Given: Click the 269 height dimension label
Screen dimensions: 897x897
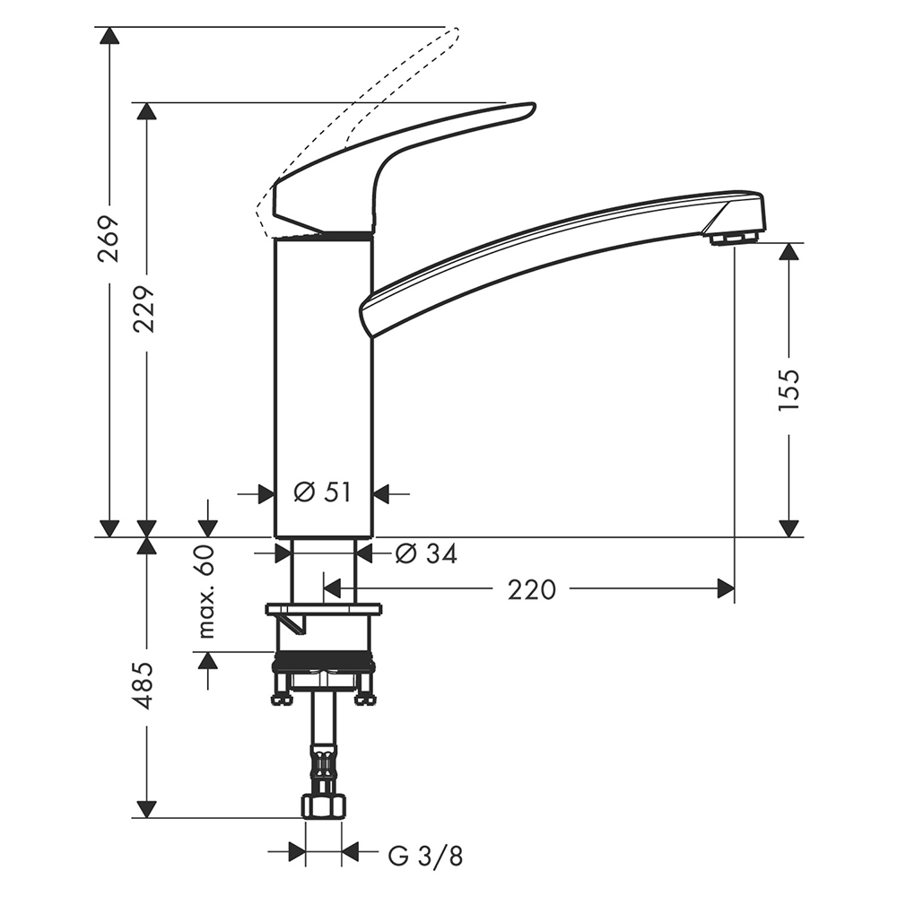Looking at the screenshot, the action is tap(109, 239).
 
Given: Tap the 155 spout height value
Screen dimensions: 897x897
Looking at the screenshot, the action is tap(788, 389).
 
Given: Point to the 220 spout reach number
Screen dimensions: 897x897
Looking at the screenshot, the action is tap(531, 590).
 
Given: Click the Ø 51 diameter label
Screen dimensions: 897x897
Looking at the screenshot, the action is tap(322, 492).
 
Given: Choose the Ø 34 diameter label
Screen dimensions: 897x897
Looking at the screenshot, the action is tap(426, 553).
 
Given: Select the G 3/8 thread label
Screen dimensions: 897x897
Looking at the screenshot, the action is tap(425, 857).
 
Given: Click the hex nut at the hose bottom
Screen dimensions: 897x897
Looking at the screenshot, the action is tap(324, 806).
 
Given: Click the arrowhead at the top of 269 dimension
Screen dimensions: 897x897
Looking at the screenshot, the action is tap(109, 36).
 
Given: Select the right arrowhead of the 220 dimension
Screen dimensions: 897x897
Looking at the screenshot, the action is tap(726, 588).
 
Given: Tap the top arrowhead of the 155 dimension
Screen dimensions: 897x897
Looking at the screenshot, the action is tap(788, 252).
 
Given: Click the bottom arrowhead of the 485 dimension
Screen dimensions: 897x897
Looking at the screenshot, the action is tap(146, 809).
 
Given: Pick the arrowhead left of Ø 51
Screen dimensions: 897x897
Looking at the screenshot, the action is tap(266, 493).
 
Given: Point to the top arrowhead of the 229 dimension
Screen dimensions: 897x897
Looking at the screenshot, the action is tap(146, 111).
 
